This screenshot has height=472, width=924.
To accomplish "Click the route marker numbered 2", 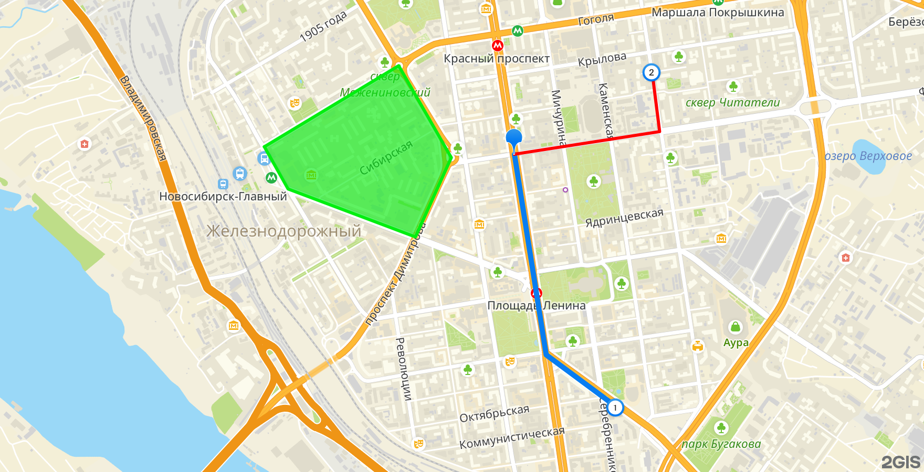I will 651,72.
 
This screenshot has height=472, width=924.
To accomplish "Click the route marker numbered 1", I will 615,407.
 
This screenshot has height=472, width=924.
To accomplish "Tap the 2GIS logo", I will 900,462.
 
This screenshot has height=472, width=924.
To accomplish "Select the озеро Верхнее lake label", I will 868,156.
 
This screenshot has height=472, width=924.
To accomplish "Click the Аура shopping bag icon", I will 736,327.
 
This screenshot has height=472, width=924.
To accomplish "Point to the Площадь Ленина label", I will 536,305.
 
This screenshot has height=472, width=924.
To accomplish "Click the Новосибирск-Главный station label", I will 223,197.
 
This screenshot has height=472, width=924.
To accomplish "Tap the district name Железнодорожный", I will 283,231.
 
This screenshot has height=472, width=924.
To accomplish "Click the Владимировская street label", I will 143,118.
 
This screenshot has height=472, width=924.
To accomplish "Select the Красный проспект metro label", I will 497,59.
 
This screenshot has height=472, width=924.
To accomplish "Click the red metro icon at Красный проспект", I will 498,46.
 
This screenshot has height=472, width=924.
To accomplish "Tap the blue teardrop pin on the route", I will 513,138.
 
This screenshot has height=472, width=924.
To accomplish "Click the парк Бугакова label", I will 721,444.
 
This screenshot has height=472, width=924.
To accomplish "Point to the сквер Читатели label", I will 732,103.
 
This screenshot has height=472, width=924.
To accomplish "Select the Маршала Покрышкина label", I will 718,13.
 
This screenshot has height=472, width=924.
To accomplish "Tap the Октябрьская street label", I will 494,414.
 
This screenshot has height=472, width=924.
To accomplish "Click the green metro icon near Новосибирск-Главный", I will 271,178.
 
